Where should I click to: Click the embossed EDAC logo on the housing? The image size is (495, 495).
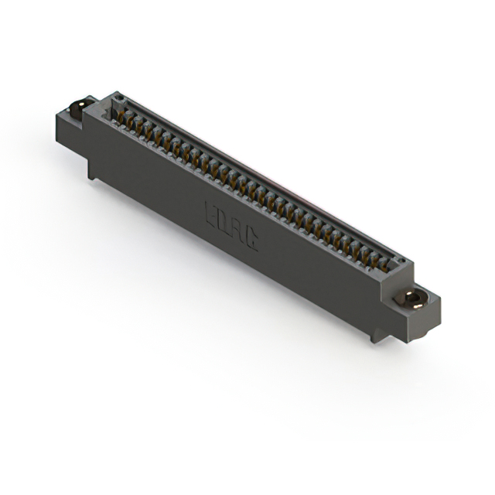[x=231, y=225]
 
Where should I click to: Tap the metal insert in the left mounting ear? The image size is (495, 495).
[x=77, y=108]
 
